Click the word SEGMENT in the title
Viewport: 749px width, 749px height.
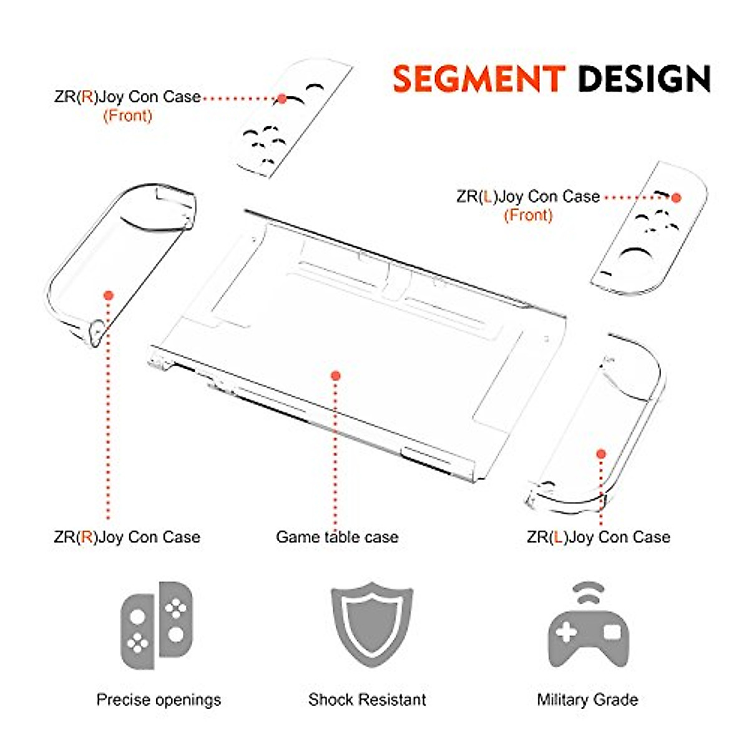tap(479, 79)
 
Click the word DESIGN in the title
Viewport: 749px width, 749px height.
tap(644, 79)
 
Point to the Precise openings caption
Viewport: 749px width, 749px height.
tap(159, 700)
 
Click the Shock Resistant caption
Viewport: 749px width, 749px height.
tap(367, 700)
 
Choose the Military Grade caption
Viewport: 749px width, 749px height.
tap(587, 700)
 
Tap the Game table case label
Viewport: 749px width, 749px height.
tap(337, 537)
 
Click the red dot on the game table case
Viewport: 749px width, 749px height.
tap(336, 376)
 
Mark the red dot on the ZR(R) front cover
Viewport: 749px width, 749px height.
tap(281, 99)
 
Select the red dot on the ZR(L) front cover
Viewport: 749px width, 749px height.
tap(676, 197)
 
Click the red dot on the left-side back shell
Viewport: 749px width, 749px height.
tap(108, 295)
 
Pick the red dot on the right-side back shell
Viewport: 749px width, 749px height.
tap(601, 454)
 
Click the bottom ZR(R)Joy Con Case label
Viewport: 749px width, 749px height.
tap(127, 537)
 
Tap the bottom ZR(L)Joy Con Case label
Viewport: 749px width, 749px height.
tap(598, 537)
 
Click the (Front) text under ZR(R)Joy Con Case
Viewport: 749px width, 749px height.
tap(127, 115)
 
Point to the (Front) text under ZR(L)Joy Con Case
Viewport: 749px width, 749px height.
tap(528, 215)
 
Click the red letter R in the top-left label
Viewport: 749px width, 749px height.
tap(88, 97)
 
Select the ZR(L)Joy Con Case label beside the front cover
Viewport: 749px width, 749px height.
tap(528, 197)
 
